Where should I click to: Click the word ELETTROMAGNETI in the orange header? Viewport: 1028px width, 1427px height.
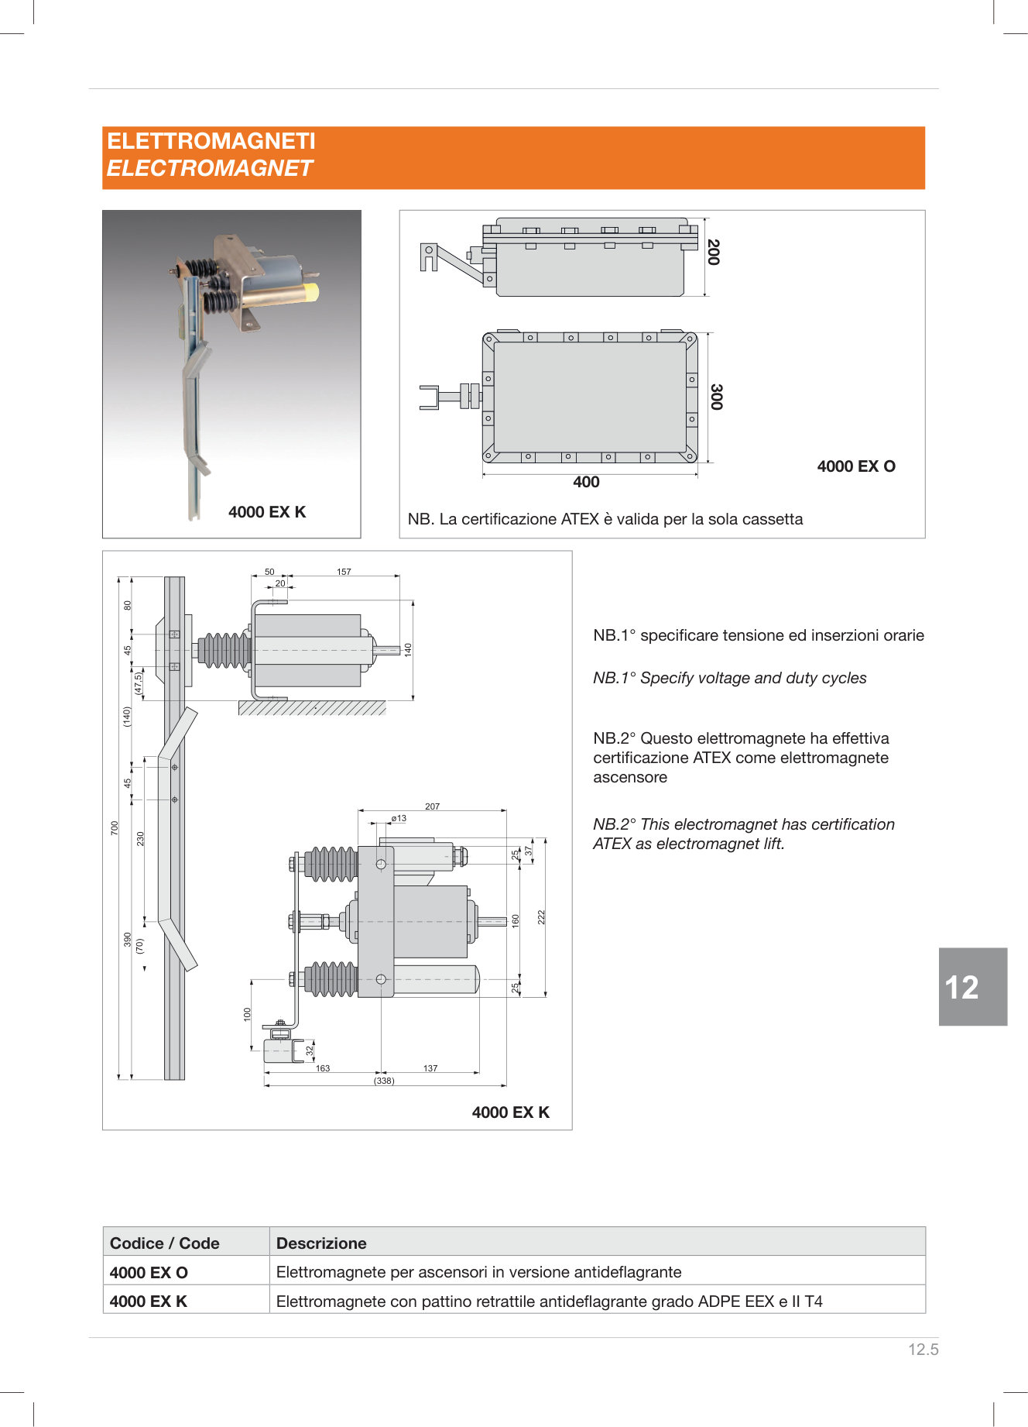pyautogui.click(x=211, y=141)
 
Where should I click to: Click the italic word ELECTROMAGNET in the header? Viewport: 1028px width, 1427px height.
pyautogui.click(x=209, y=168)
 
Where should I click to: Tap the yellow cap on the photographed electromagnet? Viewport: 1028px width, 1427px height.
pyautogui.click(x=310, y=292)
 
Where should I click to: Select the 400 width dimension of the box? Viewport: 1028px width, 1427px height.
pyautogui.click(x=586, y=482)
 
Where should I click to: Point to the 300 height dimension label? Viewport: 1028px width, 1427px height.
pyautogui.click(x=716, y=397)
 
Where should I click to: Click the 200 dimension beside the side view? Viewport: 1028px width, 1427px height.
pyautogui.click(x=714, y=252)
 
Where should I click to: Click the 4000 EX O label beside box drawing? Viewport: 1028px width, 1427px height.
pyautogui.click(x=856, y=466)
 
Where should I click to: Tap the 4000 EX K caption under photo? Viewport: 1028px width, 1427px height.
pyautogui.click(x=267, y=512)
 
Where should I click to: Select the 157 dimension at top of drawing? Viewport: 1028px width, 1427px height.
pyautogui.click(x=344, y=572)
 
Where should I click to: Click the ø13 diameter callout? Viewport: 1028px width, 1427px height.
pyautogui.click(x=399, y=818)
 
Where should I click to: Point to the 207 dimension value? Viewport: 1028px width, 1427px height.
pyautogui.click(x=432, y=806)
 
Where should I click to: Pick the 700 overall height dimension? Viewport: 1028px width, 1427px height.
pyautogui.click(x=115, y=827)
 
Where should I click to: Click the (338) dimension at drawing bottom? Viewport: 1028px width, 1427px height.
pyautogui.click(x=384, y=1081)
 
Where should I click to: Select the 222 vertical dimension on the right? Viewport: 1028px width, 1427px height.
pyautogui.click(x=542, y=916)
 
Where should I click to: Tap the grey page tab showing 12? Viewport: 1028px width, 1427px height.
pyautogui.click(x=972, y=987)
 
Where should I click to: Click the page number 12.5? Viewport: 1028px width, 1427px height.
pyautogui.click(x=923, y=1350)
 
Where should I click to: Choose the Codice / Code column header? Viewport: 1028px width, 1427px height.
pyautogui.click(x=165, y=1243)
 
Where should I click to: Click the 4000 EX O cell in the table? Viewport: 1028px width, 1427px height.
pyautogui.click(x=149, y=1272)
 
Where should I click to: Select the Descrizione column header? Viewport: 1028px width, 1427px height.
pyautogui.click(x=321, y=1243)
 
